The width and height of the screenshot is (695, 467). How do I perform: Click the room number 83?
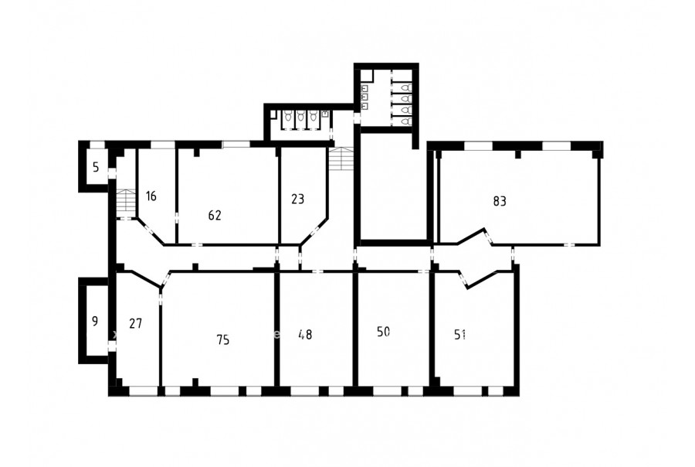[x=500, y=202]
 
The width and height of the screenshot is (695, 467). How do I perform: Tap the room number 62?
[x=215, y=215]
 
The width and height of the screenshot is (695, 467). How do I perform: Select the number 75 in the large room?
[x=223, y=340]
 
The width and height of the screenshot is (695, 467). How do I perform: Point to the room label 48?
[x=305, y=334]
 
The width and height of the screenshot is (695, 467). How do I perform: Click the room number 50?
[x=383, y=332]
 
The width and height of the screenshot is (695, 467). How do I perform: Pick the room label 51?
[x=460, y=335]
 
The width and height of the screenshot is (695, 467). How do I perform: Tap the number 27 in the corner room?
[x=136, y=324]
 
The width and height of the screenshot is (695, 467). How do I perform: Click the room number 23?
[x=298, y=199]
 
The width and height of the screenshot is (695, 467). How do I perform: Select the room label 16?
[x=151, y=196]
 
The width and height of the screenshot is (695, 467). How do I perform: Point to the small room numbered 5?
[x=96, y=167]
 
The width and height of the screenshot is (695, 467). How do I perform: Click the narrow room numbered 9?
[x=94, y=321]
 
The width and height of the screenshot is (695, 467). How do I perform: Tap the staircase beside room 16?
[x=127, y=201]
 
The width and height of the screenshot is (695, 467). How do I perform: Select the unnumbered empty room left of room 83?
[x=394, y=186]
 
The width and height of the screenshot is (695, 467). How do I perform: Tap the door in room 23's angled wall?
[x=315, y=231]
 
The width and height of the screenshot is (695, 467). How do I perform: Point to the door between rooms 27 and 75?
[x=161, y=297]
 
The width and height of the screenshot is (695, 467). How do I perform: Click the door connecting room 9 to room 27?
[x=112, y=346]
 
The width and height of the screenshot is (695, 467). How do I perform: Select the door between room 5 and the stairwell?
[x=112, y=173]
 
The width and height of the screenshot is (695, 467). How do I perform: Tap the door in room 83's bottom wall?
[x=570, y=244]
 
